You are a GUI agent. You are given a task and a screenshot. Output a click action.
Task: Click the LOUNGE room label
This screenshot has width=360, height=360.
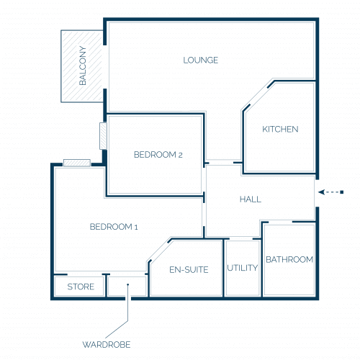click(x=201, y=60)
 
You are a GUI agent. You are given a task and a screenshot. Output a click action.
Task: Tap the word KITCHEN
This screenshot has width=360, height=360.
click(x=280, y=129)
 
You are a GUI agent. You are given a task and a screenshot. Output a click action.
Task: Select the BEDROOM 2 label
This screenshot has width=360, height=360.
click(x=158, y=155)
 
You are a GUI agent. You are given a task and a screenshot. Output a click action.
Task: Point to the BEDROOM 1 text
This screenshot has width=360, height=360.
click(x=114, y=227)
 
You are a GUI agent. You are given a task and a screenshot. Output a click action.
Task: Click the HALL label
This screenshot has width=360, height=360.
click(x=251, y=199)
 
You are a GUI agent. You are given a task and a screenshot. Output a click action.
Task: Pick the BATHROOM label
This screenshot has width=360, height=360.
click(x=289, y=259)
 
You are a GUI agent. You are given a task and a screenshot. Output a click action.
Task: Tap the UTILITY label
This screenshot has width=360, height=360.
click(x=243, y=268)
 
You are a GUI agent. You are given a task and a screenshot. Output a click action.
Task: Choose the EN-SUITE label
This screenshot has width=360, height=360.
click(x=189, y=270)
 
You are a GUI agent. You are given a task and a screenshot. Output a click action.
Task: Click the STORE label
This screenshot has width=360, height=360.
click(x=81, y=287)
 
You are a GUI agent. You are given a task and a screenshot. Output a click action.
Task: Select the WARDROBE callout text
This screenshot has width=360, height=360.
click(x=107, y=345)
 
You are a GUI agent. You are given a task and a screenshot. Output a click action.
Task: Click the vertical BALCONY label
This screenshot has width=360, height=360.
click(x=82, y=66)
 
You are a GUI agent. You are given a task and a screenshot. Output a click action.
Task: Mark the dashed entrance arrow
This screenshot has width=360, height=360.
click(x=330, y=192)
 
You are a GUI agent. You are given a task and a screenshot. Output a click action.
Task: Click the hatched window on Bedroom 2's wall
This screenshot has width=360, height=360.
click(x=103, y=136)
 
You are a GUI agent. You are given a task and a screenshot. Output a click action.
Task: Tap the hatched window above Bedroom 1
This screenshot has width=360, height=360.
click(x=77, y=163)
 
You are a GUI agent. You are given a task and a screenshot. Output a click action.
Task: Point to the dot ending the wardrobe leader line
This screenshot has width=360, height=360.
click(x=128, y=284)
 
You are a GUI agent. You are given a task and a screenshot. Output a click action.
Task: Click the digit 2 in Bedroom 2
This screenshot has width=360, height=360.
click(x=180, y=156)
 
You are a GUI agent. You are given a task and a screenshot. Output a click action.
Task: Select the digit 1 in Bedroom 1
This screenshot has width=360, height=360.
click(x=136, y=227)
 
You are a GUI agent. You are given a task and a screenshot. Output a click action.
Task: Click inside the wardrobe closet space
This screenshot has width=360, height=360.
click(x=127, y=286)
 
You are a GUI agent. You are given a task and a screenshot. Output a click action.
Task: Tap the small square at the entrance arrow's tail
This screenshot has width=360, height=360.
click(x=342, y=192)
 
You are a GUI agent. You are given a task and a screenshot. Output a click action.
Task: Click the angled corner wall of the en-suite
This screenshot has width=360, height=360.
click(x=159, y=250)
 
